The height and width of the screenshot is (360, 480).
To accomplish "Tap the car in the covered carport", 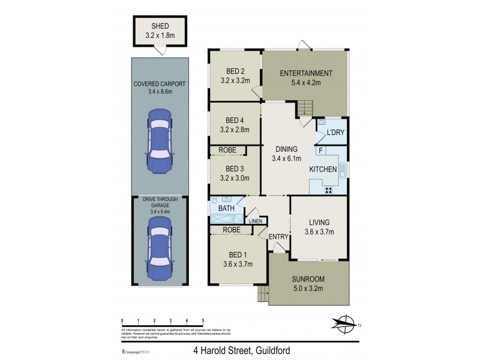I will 160,139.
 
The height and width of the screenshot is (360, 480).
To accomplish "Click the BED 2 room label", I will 234,70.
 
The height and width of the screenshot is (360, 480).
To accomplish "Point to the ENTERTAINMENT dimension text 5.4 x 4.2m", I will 306,83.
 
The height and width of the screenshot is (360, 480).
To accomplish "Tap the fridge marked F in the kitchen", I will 321,151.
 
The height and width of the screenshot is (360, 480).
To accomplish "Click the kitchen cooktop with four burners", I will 329,189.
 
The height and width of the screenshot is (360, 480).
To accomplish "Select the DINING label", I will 286,149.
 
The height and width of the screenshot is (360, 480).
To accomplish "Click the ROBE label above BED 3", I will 227,150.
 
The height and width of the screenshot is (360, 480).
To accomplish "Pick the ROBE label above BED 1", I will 232,230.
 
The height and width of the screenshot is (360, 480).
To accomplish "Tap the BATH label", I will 226,209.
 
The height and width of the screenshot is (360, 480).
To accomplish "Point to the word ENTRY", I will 278,237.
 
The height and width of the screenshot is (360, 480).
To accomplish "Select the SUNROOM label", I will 308,280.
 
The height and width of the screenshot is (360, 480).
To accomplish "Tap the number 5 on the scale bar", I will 203,322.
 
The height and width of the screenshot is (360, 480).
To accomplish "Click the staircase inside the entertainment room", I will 305,109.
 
